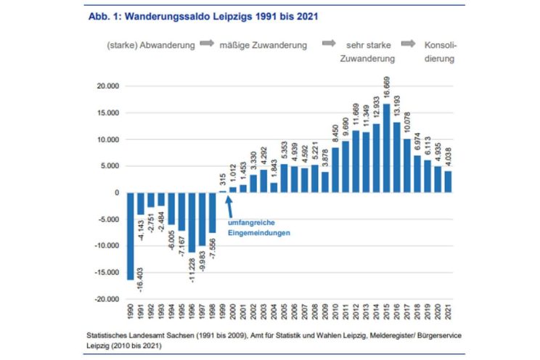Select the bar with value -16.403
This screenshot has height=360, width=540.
131,236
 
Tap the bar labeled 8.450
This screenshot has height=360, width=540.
335,170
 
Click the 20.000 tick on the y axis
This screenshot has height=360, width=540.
106,86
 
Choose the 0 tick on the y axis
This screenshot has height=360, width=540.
115,193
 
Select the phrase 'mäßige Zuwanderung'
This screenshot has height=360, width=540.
263,45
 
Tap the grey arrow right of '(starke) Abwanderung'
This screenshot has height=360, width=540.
205,44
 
